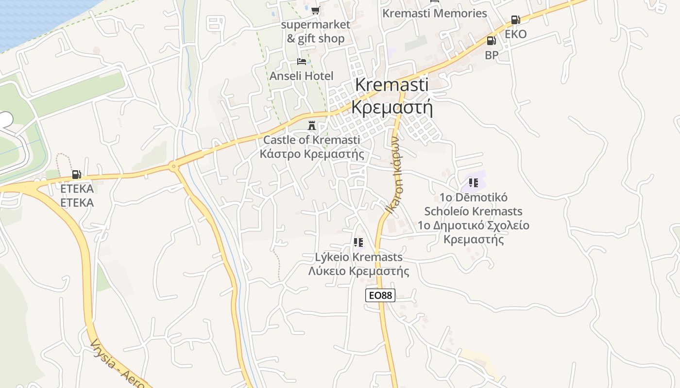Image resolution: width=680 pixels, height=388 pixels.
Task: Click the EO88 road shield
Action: point(380,295)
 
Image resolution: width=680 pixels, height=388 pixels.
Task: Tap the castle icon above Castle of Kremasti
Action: point(312,126)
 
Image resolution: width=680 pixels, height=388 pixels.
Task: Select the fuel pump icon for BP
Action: point(491,41)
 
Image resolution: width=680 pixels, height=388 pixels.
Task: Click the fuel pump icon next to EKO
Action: point(515,20)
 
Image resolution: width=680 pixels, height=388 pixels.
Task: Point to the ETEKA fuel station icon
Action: point(76,175)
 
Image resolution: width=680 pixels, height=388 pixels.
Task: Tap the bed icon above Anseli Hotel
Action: point(302,62)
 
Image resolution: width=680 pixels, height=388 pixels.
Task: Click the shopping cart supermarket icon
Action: point(316,10)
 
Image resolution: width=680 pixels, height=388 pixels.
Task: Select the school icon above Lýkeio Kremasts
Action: point(358,242)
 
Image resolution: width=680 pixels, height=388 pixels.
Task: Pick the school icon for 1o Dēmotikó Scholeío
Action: point(474,183)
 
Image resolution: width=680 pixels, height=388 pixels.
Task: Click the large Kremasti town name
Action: point(391,84)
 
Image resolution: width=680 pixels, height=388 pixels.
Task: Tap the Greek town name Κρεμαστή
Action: point(391,107)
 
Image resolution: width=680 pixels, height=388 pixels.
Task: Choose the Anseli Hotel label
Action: point(301,76)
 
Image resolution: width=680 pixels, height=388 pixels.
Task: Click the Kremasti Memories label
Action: point(434,14)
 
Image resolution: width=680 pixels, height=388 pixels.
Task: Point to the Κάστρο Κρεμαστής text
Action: point(312,154)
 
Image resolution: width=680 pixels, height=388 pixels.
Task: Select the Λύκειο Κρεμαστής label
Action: point(358,271)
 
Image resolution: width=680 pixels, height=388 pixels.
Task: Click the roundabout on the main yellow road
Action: point(173,167)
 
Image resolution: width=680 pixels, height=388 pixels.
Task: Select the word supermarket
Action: point(315,24)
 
